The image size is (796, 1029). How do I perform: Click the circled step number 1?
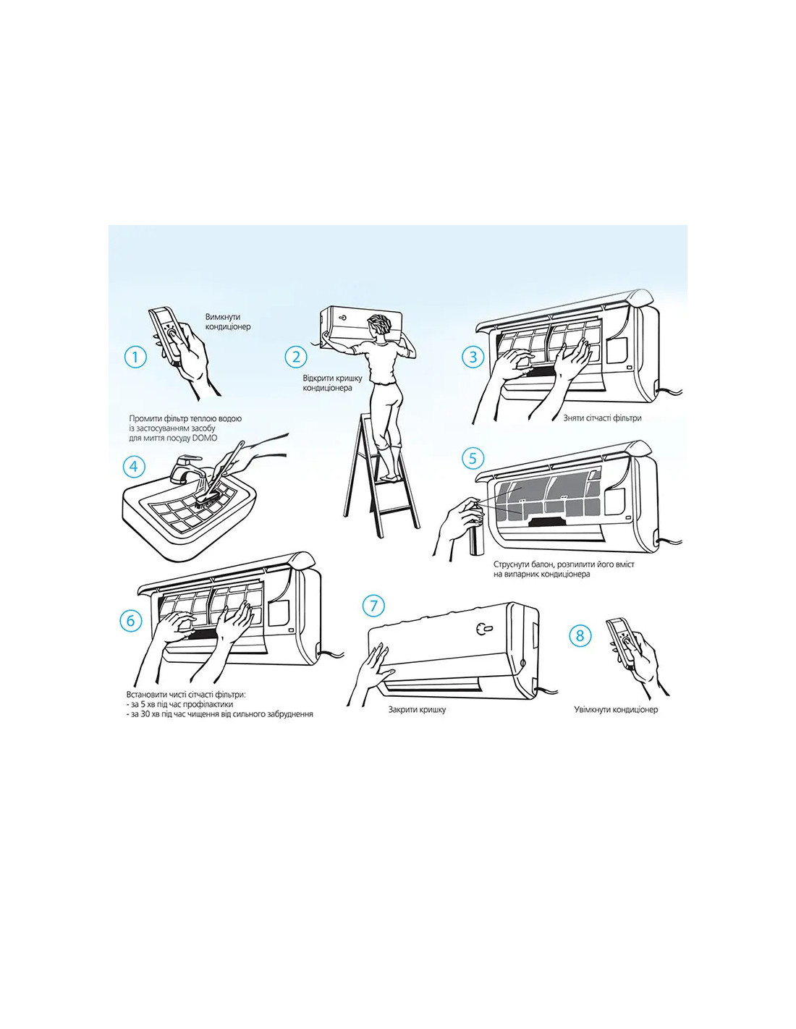click(136, 357)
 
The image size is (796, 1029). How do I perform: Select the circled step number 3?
click(473, 357)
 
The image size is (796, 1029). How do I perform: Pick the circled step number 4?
click(134, 467)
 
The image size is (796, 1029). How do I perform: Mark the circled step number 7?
click(374, 606)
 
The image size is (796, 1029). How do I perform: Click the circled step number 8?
click(580, 635)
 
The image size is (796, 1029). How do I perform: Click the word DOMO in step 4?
click(207, 438)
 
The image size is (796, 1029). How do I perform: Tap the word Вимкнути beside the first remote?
click(223, 317)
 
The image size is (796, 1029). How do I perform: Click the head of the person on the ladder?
click(380, 326)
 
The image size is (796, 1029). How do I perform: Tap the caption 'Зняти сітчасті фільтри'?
click(602, 418)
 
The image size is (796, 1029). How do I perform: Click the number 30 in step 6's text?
click(145, 713)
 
